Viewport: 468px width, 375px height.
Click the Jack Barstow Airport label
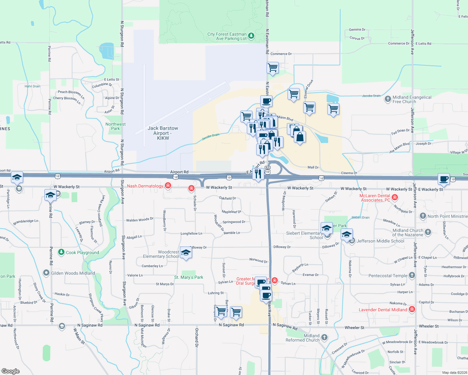[163, 133]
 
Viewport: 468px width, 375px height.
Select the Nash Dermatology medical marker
[168, 186]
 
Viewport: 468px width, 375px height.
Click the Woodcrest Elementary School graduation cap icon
[186, 252]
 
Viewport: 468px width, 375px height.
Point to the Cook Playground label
[82, 252]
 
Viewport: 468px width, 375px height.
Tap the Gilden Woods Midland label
[73, 273]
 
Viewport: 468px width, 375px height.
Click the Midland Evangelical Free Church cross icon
[388, 99]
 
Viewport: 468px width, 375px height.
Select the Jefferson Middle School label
[380, 241]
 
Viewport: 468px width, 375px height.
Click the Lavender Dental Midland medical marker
[412, 309]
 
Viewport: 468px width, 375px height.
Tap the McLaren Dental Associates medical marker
[395, 197]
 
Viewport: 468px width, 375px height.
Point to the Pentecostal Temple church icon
[412, 275]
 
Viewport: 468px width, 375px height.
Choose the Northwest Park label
[115, 126]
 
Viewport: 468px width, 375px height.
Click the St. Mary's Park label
[189, 277]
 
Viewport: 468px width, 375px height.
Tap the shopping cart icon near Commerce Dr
[273, 67]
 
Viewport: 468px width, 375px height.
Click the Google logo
[11, 371]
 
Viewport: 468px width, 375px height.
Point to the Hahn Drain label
[33, 86]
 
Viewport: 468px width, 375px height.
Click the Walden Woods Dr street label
[140, 220]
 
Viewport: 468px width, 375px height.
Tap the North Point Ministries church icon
[423, 216]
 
